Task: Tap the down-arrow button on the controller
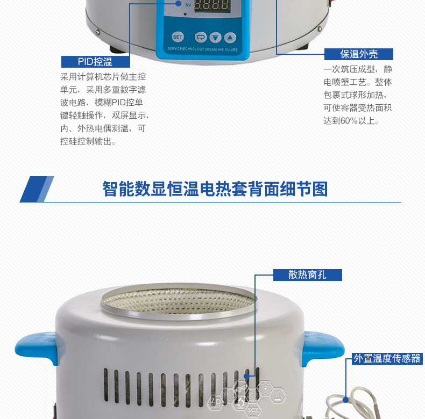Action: pyautogui.click(x=215, y=38)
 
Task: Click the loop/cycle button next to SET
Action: pyautogui.click(x=201, y=38)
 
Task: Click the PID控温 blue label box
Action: pyautogui.click(x=95, y=61)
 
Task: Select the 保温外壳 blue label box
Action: pyautogui.click(x=359, y=54)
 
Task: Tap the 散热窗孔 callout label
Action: pyautogui.click(x=307, y=274)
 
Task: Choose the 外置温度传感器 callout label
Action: pyautogui.click(x=387, y=358)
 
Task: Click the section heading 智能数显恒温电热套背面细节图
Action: pyautogui.click(x=215, y=189)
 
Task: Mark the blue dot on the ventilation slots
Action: pyautogui.click(x=246, y=377)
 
